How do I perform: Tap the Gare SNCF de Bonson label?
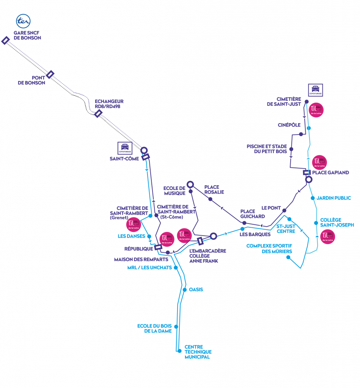tap(27, 36)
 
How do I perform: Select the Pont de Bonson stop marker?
tap(50, 74)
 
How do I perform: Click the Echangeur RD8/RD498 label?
tap(109, 104)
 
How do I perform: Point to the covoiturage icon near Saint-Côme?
tap(124, 148)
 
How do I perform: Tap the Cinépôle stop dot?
tap(301, 134)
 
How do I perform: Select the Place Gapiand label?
tap(330, 172)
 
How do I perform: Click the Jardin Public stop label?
tap(333, 198)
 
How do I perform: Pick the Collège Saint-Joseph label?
tap(337, 222)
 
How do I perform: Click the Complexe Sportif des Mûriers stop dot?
tap(288, 257)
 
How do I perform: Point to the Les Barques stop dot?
tap(242, 228)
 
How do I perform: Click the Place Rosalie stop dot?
tap(210, 199)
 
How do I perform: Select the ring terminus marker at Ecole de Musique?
tap(190, 185)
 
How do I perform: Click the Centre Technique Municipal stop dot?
tap(179, 351)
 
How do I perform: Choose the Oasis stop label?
tap(196, 289)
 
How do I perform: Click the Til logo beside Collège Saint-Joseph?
tap(328, 237)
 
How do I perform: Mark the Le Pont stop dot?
tap(284, 210)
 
